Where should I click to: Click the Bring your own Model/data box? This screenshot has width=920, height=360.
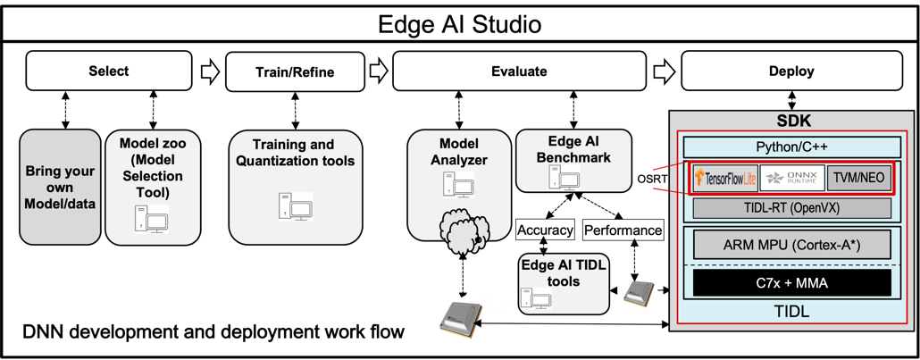tap(60, 187)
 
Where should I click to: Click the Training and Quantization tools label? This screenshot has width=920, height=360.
tap(293, 153)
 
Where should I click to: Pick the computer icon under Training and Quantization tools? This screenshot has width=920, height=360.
tap(296, 206)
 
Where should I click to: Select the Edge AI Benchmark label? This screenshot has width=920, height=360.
tap(573, 148)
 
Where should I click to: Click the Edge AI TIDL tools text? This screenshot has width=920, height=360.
tap(563, 273)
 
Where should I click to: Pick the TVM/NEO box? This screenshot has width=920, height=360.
tap(858, 178)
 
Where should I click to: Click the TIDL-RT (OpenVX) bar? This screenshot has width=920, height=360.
tap(792, 209)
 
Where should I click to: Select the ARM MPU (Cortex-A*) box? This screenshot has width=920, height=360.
tap(792, 244)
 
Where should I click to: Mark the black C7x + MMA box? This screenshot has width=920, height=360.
tap(792, 283)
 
